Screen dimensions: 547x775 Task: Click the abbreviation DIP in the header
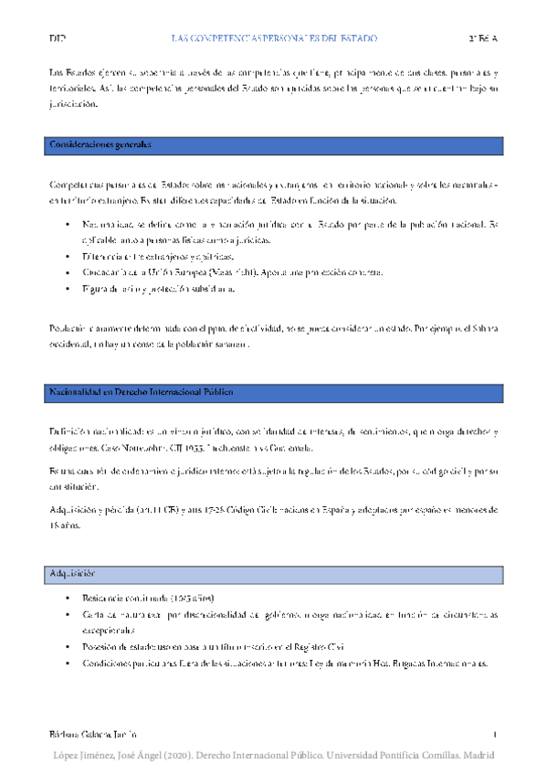[57, 38]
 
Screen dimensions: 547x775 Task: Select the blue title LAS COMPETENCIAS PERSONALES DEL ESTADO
[274, 38]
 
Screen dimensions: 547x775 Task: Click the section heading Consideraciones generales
[100, 144]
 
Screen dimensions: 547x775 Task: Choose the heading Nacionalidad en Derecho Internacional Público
[141, 392]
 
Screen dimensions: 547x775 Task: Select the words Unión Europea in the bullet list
[168, 272]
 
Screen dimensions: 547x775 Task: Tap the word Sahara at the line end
[481, 328]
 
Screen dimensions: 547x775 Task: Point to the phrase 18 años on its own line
[65, 526]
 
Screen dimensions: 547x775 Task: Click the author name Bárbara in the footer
[67, 735]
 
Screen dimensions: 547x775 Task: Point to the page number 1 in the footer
[494, 735]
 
